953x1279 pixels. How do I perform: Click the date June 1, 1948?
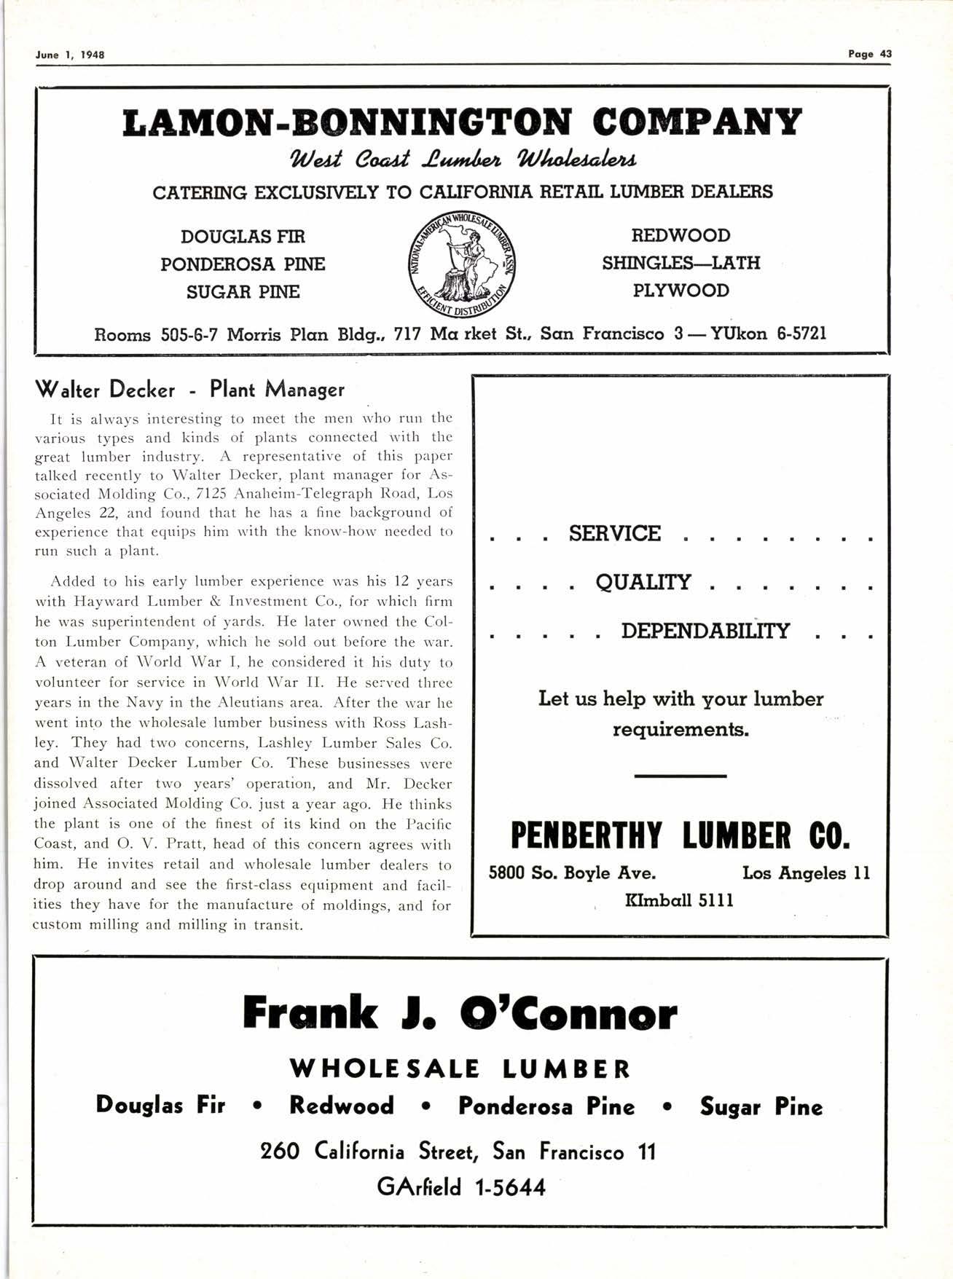click(70, 55)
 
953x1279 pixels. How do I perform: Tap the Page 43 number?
click(870, 54)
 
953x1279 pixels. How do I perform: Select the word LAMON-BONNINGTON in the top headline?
click(346, 123)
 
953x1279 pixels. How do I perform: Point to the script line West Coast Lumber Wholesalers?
click(464, 159)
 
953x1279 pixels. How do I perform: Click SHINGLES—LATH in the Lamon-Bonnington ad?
click(681, 263)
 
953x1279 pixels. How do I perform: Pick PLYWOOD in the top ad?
click(681, 291)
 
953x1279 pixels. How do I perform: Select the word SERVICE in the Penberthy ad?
click(614, 534)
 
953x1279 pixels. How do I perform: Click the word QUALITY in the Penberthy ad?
click(643, 582)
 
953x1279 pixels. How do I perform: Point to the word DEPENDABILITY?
click(705, 631)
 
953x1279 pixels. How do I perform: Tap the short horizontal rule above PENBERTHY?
click(680, 776)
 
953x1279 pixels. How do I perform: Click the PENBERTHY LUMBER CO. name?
click(680, 835)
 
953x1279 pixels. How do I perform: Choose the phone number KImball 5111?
click(679, 901)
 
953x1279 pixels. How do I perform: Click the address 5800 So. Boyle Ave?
click(572, 873)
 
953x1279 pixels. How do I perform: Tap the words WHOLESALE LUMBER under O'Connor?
click(460, 1069)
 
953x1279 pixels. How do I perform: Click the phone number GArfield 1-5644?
click(460, 1187)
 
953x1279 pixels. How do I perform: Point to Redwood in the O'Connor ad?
click(341, 1106)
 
